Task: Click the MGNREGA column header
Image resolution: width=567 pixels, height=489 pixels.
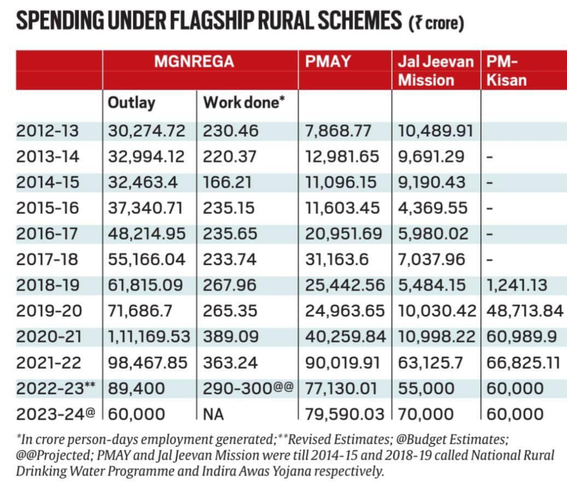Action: pos(194,61)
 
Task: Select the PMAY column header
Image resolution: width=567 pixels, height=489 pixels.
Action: pos(328,61)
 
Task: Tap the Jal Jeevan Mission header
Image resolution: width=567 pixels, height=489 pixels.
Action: pos(436,70)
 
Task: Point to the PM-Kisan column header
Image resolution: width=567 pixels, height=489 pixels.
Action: pos(506,70)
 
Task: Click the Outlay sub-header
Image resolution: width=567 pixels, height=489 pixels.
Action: pos(131,103)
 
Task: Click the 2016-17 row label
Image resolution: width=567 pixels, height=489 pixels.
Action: pos(48,234)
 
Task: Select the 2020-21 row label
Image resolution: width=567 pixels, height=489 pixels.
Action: pos(48,337)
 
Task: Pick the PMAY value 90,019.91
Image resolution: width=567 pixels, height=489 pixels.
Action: pos(342,363)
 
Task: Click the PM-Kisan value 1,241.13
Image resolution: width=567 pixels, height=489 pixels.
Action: pos(517,285)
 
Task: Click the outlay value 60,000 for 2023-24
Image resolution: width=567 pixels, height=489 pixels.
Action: pos(136,414)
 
